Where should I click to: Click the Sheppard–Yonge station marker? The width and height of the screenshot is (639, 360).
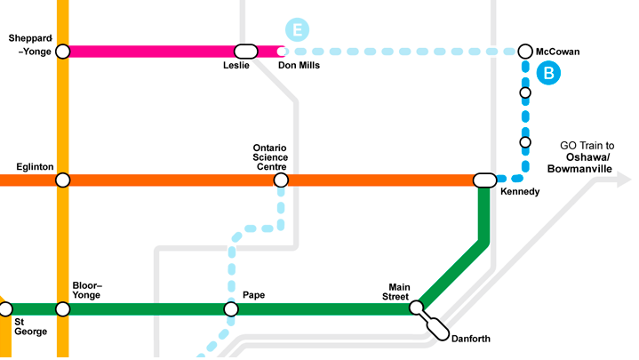pos(62,52)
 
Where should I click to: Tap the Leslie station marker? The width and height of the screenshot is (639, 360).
pos(245,52)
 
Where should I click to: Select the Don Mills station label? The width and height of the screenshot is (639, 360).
pos(299,66)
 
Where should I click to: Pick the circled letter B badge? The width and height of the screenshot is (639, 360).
pos(548,73)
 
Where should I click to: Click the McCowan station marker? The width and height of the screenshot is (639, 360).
pos(525,52)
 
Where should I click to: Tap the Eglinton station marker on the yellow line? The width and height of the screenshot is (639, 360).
pos(62,180)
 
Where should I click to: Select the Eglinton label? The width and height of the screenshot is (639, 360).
pos(36,167)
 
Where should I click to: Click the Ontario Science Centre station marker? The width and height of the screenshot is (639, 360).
pos(281,180)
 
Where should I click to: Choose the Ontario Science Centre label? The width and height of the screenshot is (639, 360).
pos(270,157)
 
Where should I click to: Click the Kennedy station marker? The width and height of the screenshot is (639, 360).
pos(485,180)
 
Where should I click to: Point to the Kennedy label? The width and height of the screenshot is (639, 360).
pos(520,192)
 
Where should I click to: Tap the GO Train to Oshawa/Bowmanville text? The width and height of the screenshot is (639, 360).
pos(587,157)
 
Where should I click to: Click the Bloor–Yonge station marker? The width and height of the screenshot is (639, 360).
pos(62,309)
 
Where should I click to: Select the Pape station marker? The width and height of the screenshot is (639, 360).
pos(231,309)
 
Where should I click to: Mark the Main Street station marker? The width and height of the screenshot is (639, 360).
pos(416,308)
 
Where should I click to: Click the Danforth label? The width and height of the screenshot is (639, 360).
pos(471,339)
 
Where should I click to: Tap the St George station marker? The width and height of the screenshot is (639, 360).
pos(6,309)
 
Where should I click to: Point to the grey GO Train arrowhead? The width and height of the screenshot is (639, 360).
pos(621,180)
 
